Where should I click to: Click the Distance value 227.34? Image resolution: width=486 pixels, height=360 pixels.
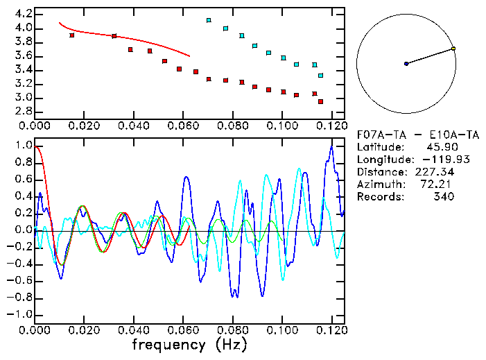pyautogui.click(x=434, y=172)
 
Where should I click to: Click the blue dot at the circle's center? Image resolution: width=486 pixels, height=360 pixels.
pyautogui.click(x=406, y=64)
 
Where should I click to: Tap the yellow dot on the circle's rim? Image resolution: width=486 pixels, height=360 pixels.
pyautogui.click(x=453, y=49)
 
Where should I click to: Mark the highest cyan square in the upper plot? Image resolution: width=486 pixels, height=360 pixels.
pyautogui.click(x=209, y=21)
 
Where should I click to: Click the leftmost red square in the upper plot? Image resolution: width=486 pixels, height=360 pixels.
pyautogui.click(x=72, y=35)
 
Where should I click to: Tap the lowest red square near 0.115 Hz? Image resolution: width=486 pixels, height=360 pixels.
pyautogui.click(x=320, y=101)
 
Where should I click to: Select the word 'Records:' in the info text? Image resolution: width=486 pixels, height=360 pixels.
pyautogui.click(x=379, y=197)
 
